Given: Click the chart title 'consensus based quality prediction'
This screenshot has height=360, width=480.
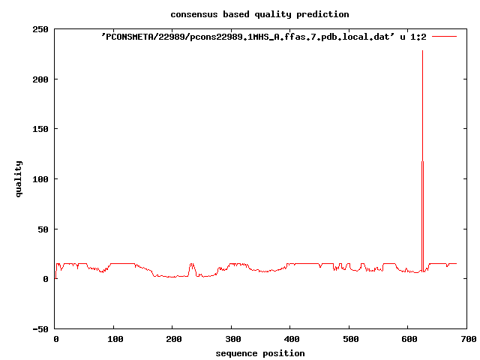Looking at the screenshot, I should click(x=259, y=14).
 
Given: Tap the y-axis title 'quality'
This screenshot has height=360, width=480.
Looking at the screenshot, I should click(x=19, y=178).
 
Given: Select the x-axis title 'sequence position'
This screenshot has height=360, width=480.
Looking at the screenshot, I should click(x=259, y=353).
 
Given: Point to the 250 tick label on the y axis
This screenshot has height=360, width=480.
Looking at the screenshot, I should click(x=40, y=29).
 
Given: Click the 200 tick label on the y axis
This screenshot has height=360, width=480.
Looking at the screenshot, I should click(x=40, y=79).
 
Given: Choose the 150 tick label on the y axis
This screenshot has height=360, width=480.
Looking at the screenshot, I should click(x=40, y=129).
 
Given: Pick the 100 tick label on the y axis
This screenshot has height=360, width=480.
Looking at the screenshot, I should click(x=40, y=179).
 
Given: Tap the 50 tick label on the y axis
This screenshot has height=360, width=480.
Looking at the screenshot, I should click(x=43, y=229).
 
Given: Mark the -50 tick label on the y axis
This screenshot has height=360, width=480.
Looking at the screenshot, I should click(x=40, y=329).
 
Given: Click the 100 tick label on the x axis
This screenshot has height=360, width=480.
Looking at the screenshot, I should click(x=114, y=340).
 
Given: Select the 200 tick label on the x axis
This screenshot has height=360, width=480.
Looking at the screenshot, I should click(x=172, y=340).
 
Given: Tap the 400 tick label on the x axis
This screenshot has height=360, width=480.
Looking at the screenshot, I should click(x=290, y=340).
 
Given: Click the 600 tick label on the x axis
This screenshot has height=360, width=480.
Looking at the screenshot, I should click(x=408, y=340).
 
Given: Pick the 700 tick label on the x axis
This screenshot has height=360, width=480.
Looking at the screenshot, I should click(x=466, y=340).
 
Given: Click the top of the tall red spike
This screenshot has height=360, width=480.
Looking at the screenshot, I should click(x=422, y=51).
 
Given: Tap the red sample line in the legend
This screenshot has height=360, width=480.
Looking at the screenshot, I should click(x=444, y=36).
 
